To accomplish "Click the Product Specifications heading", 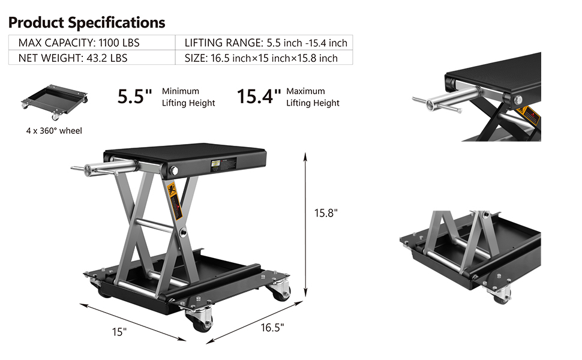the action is [x=86, y=23].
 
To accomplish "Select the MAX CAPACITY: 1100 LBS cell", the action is [x=92, y=43].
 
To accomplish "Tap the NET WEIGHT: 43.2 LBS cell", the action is [x=92, y=58].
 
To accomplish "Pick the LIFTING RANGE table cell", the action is [x=264, y=43].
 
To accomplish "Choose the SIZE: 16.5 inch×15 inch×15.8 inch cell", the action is [x=264, y=58].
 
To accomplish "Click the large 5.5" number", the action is [x=135, y=97].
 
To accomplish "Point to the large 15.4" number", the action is [x=259, y=97].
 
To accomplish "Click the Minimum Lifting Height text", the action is [x=188, y=97].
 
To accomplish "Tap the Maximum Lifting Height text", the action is [x=313, y=97].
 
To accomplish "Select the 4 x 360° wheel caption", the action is [x=54, y=131].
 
